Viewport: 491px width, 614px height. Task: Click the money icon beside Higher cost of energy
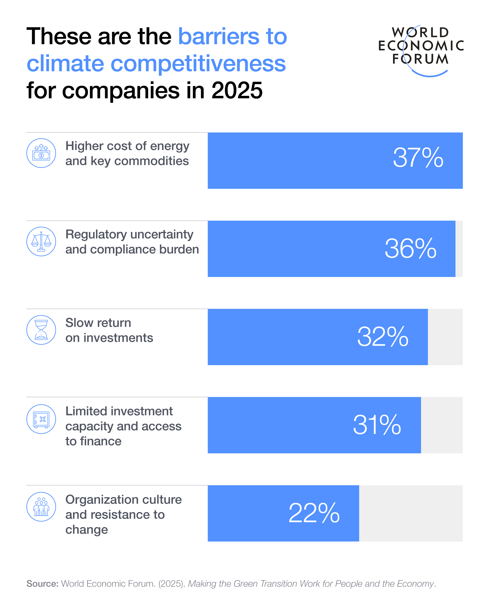pos(41,153)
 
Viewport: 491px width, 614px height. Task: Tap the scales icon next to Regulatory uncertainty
pos(41,242)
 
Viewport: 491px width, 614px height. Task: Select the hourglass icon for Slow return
pos(41,330)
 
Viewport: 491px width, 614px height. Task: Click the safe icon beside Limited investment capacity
pos(41,419)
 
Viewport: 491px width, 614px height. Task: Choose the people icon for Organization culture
pos(41,507)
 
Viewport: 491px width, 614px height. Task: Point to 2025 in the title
pos(237,91)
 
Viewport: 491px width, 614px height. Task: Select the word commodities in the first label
pos(151,161)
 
